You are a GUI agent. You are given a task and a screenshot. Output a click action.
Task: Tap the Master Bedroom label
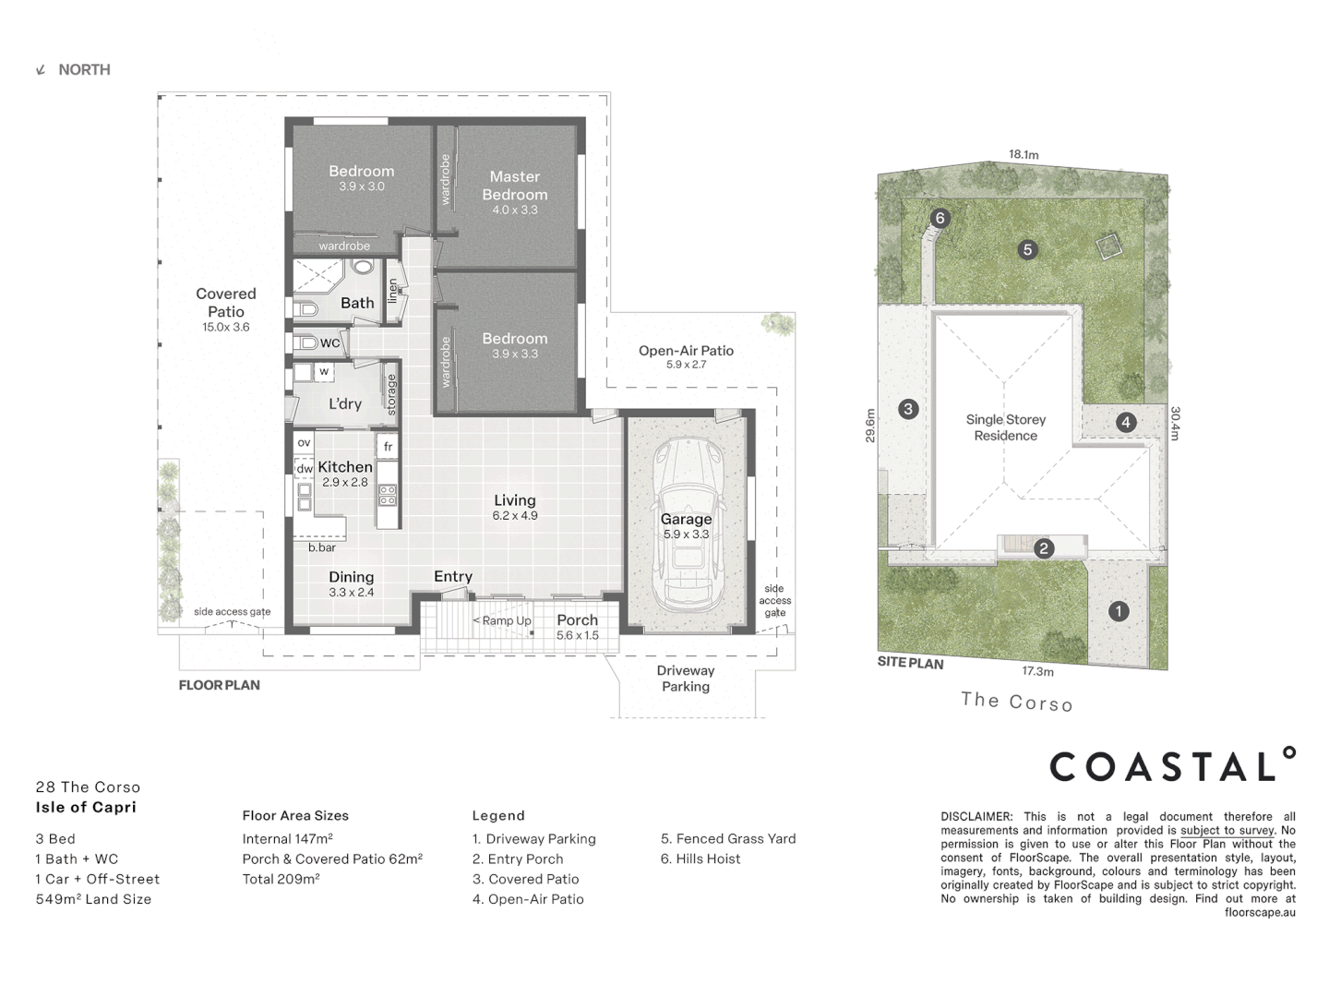(x=514, y=186)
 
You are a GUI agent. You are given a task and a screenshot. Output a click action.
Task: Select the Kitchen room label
(x=345, y=467)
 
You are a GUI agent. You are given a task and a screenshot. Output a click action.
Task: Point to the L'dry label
(x=345, y=403)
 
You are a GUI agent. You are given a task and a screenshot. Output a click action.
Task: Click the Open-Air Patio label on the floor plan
(x=686, y=351)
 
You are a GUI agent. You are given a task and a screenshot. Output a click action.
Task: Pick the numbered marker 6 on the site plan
(x=940, y=219)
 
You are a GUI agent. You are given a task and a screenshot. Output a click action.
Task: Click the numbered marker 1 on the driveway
(x=1119, y=611)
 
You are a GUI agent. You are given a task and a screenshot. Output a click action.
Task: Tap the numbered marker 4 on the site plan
(x=1125, y=422)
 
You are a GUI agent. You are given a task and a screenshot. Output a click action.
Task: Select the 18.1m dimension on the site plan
(x=1023, y=154)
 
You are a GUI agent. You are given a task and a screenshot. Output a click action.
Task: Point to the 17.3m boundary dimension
(x=1037, y=671)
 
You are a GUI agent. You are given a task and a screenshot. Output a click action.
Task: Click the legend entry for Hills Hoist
(x=700, y=859)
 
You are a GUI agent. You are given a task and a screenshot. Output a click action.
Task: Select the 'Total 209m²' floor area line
(x=281, y=879)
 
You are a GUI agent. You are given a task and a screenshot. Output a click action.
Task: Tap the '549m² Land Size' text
(x=93, y=899)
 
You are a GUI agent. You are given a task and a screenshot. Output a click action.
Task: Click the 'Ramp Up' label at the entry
(x=502, y=620)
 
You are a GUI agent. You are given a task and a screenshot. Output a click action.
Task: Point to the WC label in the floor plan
(x=329, y=342)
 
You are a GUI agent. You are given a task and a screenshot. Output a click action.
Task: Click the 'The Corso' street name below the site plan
(x=1016, y=702)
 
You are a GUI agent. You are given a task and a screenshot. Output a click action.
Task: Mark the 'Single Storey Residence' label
(x=1005, y=427)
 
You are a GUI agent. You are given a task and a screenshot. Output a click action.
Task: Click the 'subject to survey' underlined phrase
(x=1227, y=830)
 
